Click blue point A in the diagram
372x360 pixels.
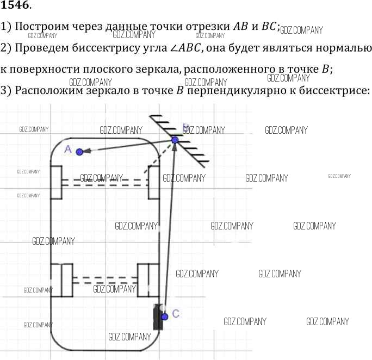point(80,152)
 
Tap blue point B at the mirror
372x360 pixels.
point(175,140)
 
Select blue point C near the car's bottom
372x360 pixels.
point(165,316)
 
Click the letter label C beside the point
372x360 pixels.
point(175,313)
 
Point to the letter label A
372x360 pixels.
point(68,148)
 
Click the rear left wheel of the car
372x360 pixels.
point(61,281)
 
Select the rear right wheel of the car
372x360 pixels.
point(147,281)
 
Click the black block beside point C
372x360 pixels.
point(158,318)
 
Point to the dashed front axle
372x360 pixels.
point(103,182)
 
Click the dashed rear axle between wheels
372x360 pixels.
point(104,280)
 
